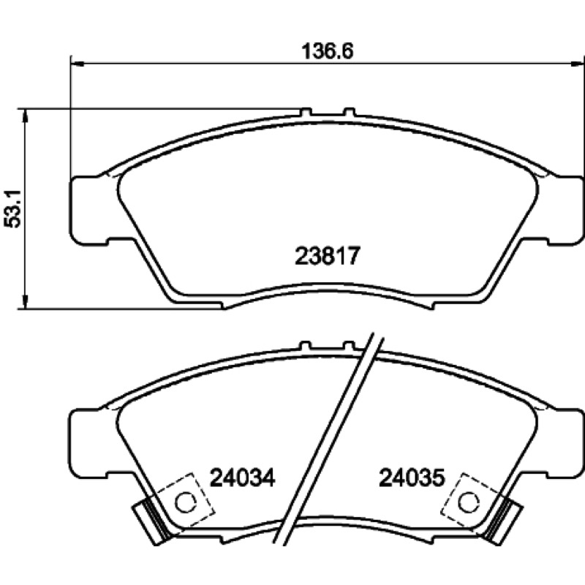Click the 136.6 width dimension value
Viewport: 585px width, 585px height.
(x=327, y=51)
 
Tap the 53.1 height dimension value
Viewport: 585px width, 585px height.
(x=12, y=208)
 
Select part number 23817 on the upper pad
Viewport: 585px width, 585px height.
(x=327, y=256)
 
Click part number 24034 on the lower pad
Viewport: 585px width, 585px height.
(x=243, y=478)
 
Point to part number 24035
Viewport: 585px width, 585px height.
(x=412, y=478)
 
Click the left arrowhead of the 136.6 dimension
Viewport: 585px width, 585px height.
(x=77, y=64)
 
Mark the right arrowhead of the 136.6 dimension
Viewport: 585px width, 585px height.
(x=578, y=64)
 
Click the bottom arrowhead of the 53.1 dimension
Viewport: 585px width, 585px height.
(x=25, y=301)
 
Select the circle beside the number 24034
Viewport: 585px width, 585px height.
(x=186, y=502)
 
